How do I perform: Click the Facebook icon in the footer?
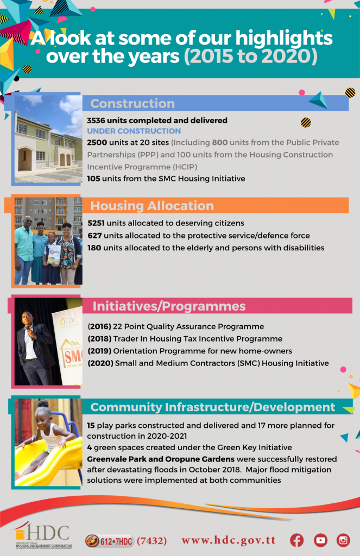click(x=296, y=540)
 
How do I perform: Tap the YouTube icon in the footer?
click(x=320, y=540)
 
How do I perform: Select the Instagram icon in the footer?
click(x=343, y=540)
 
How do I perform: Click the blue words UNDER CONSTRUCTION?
click(x=134, y=131)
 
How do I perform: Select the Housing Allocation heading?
click(x=152, y=206)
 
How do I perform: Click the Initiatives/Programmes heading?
click(x=169, y=306)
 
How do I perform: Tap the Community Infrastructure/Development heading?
click(x=212, y=407)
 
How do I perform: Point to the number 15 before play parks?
click(x=91, y=425)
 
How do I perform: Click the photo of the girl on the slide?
click(x=48, y=441)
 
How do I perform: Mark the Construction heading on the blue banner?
click(x=132, y=104)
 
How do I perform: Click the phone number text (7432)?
click(x=151, y=540)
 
